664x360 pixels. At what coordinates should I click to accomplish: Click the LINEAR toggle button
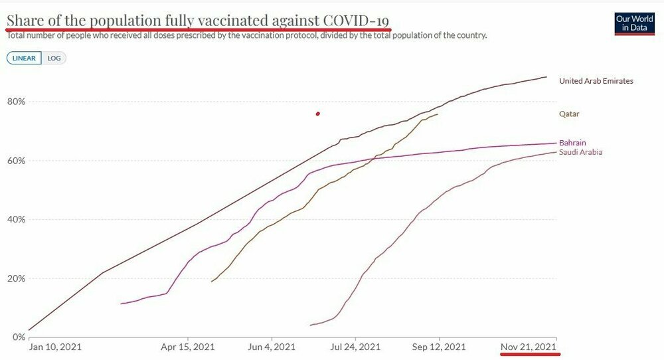pos(24,58)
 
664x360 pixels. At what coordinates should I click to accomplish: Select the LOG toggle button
pos(54,58)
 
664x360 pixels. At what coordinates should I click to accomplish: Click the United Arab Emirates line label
pos(596,81)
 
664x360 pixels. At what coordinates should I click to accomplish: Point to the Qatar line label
pos(569,114)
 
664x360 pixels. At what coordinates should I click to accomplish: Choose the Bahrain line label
pos(572,143)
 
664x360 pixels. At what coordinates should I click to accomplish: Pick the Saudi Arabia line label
pos(581,152)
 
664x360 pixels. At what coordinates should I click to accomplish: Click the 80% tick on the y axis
pos(16,102)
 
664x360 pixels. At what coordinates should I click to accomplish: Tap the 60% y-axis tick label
pos(16,161)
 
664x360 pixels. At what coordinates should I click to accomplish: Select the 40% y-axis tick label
pos(16,219)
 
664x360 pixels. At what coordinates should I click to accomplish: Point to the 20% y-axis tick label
pos(16,278)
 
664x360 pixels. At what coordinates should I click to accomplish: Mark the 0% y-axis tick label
pos(18,337)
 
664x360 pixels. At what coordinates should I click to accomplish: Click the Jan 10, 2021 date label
pos(55,347)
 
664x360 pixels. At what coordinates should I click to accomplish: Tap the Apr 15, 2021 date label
pos(188,347)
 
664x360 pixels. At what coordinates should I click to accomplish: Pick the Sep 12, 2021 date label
pos(438,347)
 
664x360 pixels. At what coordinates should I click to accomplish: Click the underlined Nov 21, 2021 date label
pos(528,347)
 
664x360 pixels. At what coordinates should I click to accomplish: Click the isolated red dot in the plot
pos(318,114)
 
